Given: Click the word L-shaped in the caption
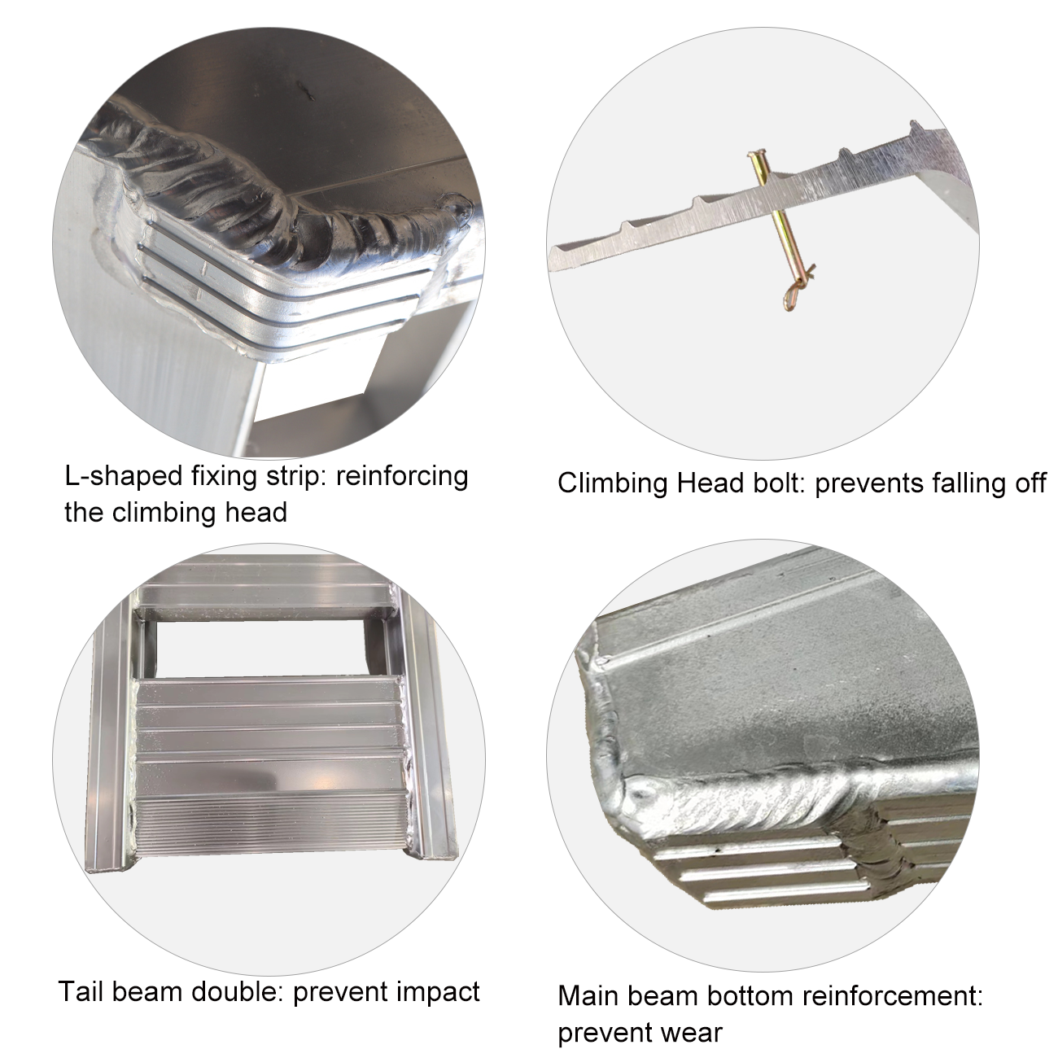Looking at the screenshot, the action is point(124,477).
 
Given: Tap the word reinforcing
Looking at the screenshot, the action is point(402,477).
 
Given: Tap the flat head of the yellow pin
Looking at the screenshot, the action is point(755,157).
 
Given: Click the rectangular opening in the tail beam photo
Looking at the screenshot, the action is point(260,649).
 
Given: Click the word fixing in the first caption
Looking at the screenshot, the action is point(225,477).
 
